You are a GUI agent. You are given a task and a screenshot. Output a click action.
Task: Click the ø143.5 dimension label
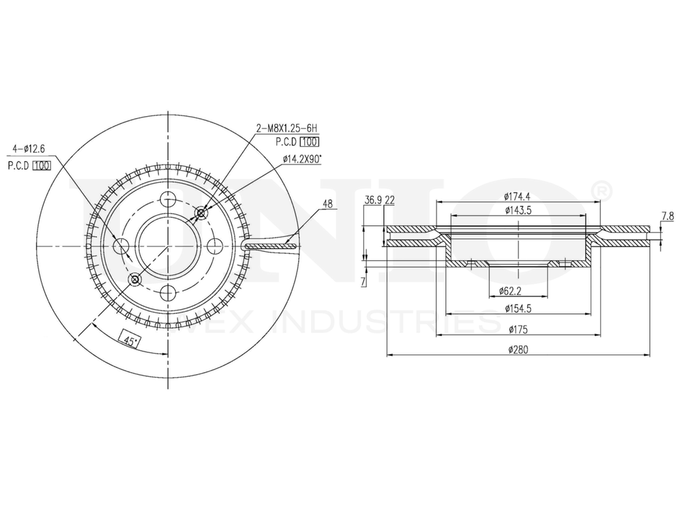point(518,210)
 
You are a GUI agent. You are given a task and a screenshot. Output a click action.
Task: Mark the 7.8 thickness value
point(667,216)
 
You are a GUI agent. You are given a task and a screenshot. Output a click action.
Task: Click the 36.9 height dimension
point(372,200)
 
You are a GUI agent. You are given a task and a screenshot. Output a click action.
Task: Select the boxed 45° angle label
point(128,339)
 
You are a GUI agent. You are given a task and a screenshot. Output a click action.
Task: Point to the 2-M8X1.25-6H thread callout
point(287,128)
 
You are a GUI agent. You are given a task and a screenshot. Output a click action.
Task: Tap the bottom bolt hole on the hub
point(167,294)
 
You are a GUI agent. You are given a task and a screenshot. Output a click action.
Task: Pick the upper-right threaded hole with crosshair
point(201,214)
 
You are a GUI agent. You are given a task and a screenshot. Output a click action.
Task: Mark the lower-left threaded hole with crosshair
point(134,279)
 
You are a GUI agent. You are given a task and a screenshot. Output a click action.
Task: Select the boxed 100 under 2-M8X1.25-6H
point(310,142)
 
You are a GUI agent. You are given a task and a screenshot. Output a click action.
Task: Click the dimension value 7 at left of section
point(364,281)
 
